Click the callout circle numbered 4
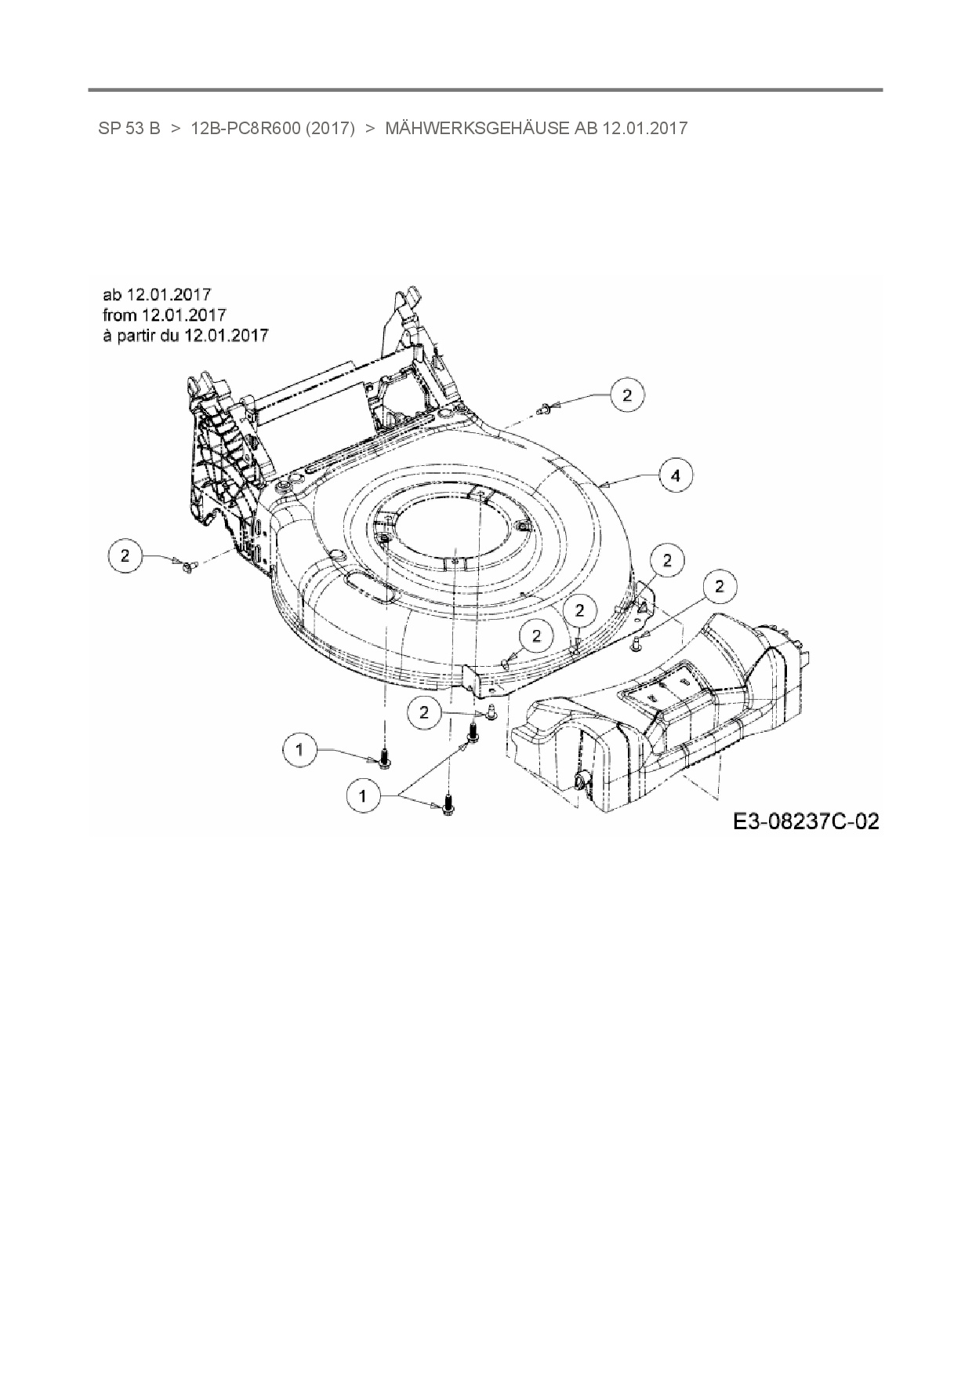tap(675, 475)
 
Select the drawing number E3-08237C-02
tap(806, 821)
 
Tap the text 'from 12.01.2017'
tap(165, 315)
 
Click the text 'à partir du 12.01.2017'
tap(186, 335)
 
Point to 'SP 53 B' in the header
tap(129, 128)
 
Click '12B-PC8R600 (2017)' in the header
tap(273, 128)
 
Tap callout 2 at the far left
tap(125, 556)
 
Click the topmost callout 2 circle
tap(626, 395)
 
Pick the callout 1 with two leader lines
tap(362, 795)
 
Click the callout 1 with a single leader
tap(299, 750)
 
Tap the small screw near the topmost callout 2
tap(544, 408)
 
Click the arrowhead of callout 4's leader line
tap(602, 485)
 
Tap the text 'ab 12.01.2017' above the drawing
tap(157, 294)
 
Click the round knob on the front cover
tap(583, 781)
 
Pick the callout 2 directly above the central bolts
tap(425, 712)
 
